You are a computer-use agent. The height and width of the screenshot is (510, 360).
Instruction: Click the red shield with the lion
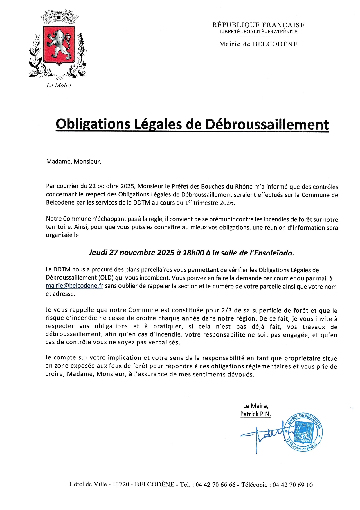(59, 45)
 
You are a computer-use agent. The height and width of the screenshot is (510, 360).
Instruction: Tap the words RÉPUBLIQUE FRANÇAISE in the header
(258, 25)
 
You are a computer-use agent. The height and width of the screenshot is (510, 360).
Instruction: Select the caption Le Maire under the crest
(59, 85)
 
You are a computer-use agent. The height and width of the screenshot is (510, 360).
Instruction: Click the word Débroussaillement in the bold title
(267, 124)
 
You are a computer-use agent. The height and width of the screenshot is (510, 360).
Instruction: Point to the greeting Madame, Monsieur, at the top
(74, 162)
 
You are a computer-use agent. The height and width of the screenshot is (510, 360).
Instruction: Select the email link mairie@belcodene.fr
(75, 286)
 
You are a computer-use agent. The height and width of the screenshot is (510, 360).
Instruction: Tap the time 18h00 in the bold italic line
(193, 253)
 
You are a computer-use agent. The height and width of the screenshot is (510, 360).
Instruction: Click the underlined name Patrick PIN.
(255, 414)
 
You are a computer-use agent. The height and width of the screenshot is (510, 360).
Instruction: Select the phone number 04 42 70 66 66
(215, 485)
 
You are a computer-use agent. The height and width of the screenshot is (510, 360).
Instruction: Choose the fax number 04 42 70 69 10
(293, 485)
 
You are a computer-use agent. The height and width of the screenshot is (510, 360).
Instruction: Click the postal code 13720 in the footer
(121, 484)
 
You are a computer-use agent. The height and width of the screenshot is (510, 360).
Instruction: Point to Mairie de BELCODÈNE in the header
(258, 44)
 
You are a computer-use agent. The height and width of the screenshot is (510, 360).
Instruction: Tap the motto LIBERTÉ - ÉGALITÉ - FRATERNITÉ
(258, 32)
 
